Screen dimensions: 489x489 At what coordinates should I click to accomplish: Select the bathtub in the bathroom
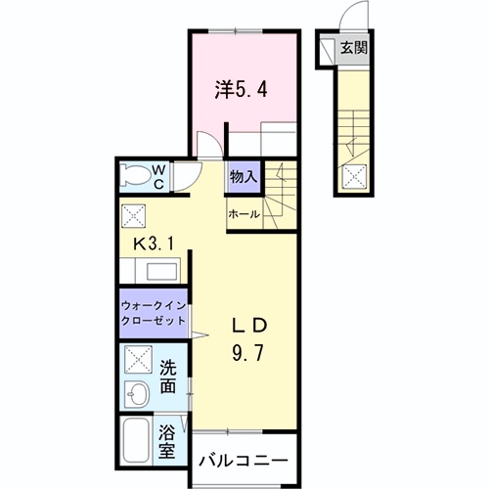click(135, 442)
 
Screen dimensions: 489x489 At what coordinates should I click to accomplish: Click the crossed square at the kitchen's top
click(134, 215)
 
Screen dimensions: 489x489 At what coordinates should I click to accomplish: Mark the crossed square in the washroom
click(136, 363)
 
